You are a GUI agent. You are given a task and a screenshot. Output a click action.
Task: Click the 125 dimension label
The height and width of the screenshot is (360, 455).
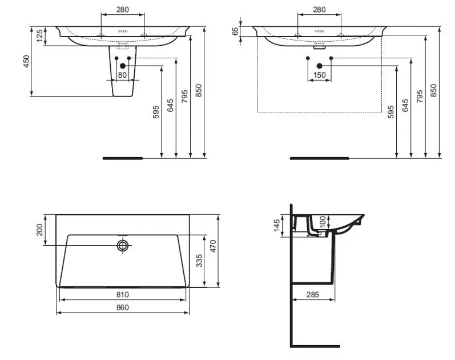[x=41, y=35]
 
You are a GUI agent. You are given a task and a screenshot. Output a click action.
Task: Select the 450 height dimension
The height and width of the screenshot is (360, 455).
[x=26, y=61]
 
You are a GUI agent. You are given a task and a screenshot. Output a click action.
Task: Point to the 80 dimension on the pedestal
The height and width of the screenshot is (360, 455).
[x=122, y=75]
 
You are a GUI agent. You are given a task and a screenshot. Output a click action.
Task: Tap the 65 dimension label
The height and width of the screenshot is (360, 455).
[x=235, y=31]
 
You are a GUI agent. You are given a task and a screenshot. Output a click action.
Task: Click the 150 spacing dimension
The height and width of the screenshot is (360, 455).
[x=320, y=75]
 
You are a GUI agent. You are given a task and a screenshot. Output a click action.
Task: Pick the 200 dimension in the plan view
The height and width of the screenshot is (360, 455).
[x=40, y=230]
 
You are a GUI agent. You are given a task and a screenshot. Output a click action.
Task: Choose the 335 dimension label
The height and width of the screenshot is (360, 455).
[x=199, y=261]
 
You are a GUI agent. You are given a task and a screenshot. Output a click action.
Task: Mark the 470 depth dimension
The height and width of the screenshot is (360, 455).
[x=213, y=246]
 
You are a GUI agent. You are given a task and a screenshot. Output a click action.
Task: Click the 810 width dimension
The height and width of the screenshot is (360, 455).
[x=122, y=295]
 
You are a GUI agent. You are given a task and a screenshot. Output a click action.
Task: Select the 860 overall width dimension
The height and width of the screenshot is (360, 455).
[x=122, y=307]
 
